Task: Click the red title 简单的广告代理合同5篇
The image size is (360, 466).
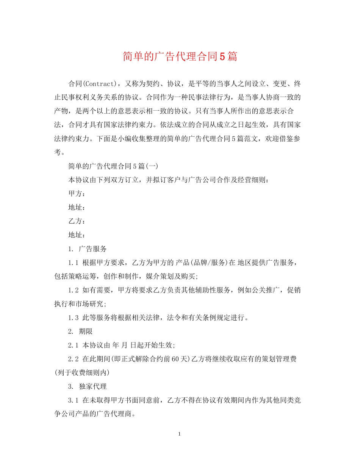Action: pyautogui.click(x=180, y=56)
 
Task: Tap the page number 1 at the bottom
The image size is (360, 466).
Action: pyautogui.click(x=180, y=434)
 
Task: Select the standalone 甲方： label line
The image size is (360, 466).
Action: pyautogui.click(x=77, y=194)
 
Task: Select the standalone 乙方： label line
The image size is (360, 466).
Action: pyautogui.click(x=77, y=221)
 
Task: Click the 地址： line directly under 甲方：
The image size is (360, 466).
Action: pyautogui.click(x=77, y=208)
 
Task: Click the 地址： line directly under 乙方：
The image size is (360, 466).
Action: pyautogui.click(x=77, y=235)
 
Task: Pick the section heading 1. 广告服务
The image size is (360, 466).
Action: pyautogui.click(x=88, y=249)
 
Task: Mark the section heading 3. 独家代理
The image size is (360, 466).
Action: pyautogui.click(x=88, y=386)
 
